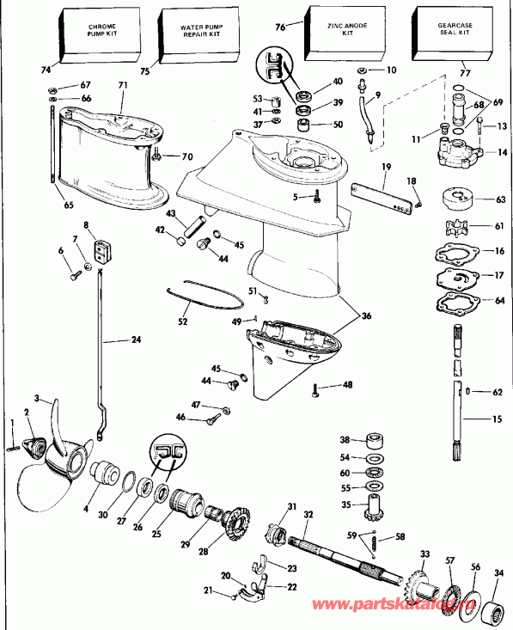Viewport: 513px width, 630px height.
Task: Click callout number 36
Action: [367, 316]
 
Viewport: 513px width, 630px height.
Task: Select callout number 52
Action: [182, 321]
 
